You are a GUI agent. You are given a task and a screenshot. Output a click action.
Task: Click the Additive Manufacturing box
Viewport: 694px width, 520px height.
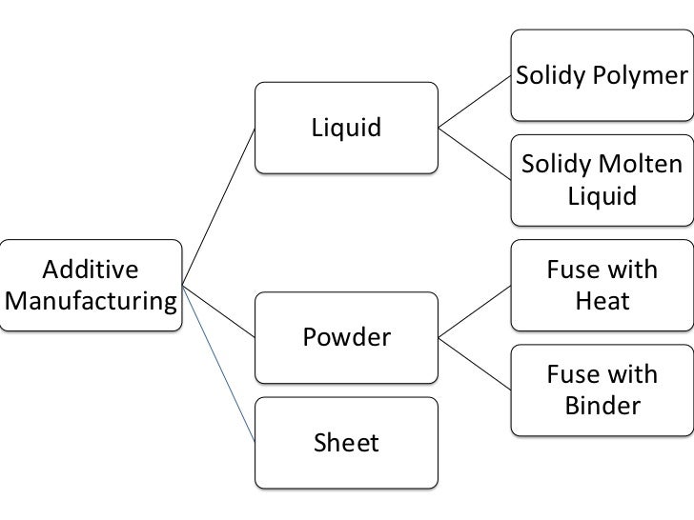point(92,285)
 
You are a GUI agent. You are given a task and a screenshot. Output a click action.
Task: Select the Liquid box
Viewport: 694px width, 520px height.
point(347,128)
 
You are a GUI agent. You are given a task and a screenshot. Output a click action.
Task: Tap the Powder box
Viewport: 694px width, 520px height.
point(347,337)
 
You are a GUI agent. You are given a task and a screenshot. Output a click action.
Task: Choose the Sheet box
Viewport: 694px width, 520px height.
point(347,442)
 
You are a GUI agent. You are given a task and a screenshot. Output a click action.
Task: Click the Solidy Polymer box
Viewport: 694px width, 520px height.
point(601,74)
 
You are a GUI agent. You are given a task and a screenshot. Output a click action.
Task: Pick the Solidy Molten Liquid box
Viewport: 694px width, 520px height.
point(601,181)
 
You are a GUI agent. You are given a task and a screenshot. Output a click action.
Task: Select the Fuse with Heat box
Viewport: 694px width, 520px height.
point(601,285)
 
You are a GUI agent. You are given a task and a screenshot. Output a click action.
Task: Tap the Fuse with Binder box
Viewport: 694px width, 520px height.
point(601,390)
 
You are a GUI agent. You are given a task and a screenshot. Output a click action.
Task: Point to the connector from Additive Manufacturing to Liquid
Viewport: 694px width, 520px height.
point(219,205)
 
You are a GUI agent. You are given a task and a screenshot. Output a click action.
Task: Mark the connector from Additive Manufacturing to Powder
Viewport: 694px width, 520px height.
point(219,310)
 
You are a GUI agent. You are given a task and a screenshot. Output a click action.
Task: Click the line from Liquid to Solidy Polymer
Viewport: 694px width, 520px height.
point(474,101)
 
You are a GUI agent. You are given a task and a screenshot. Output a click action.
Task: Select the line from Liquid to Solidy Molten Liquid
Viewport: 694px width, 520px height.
point(474,154)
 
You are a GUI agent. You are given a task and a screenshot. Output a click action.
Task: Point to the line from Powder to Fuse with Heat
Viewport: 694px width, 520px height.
point(474,311)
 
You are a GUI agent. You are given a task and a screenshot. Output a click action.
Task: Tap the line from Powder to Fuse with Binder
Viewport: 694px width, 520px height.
point(474,363)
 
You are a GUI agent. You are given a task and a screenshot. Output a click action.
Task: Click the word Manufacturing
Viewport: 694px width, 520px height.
point(92,303)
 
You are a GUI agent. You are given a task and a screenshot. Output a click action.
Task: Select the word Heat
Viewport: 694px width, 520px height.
point(602,302)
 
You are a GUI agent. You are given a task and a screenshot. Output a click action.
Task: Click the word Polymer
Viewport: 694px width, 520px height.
point(640,74)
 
